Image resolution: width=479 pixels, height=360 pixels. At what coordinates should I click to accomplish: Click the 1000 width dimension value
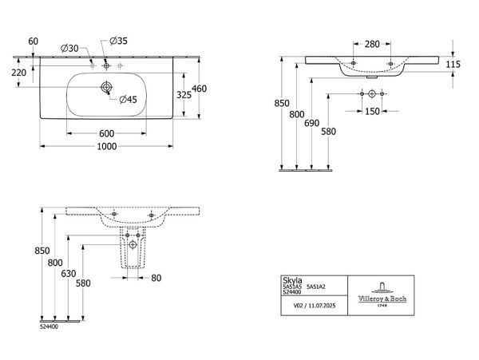click(107, 147)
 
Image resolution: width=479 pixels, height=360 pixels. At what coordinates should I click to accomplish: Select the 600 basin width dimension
click(107, 133)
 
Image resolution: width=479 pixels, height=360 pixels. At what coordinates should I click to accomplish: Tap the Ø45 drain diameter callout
click(129, 99)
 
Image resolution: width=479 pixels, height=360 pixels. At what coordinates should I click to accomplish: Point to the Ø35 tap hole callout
click(118, 41)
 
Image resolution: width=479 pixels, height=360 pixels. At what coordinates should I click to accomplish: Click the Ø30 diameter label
click(69, 48)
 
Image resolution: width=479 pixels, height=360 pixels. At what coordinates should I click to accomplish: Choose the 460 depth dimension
click(199, 89)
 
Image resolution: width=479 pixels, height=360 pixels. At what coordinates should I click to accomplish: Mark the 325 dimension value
click(184, 95)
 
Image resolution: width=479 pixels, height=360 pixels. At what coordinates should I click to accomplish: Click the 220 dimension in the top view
click(19, 73)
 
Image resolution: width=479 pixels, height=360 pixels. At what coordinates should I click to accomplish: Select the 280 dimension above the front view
click(372, 44)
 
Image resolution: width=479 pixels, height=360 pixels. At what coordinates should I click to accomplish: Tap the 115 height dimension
click(453, 64)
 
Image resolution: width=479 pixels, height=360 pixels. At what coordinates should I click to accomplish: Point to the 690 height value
click(312, 123)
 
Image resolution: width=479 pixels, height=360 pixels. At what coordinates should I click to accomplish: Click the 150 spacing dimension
click(372, 112)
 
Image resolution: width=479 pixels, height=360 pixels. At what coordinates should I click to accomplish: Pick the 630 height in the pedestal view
click(69, 274)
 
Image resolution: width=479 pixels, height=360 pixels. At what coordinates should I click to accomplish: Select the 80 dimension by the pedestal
click(156, 278)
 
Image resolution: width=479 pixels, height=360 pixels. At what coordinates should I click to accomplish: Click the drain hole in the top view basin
click(106, 87)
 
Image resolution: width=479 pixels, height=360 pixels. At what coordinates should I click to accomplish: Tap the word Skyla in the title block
click(292, 280)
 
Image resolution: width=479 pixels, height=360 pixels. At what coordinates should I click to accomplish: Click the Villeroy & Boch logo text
click(382, 299)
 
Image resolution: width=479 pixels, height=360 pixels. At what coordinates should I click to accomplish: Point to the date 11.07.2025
click(322, 306)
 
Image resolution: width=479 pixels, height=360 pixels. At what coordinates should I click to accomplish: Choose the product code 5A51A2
click(316, 287)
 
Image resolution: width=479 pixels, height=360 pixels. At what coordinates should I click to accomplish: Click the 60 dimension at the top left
click(34, 41)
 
